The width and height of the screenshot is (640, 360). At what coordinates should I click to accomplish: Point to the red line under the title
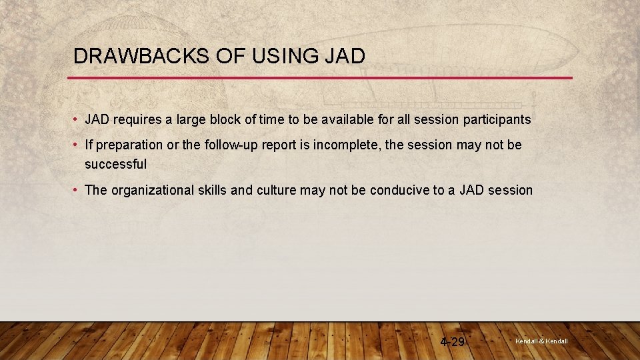(320, 78)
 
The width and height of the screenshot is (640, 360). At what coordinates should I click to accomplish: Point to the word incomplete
(339, 145)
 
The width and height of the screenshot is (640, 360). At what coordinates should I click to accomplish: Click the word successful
(115, 164)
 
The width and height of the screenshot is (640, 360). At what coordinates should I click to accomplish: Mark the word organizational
(153, 191)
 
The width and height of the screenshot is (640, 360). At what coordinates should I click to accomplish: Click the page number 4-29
(453, 342)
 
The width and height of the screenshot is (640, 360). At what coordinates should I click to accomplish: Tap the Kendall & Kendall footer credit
(541, 341)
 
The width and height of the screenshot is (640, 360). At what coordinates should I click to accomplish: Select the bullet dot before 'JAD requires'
(77, 120)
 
